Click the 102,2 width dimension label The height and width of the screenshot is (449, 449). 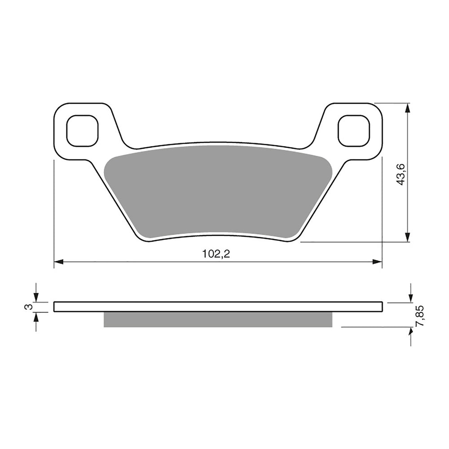pos(216,254)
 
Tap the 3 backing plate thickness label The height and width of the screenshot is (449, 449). pos(28,307)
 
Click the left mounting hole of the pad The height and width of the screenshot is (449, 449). pos(82,131)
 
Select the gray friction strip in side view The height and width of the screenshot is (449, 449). pos(218,319)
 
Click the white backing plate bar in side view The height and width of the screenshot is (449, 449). pos(218,307)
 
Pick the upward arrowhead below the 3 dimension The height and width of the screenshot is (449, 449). pos(36,317)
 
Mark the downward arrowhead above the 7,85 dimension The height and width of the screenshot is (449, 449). pos(411,298)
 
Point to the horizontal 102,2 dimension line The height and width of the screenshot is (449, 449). pos(135,261)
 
